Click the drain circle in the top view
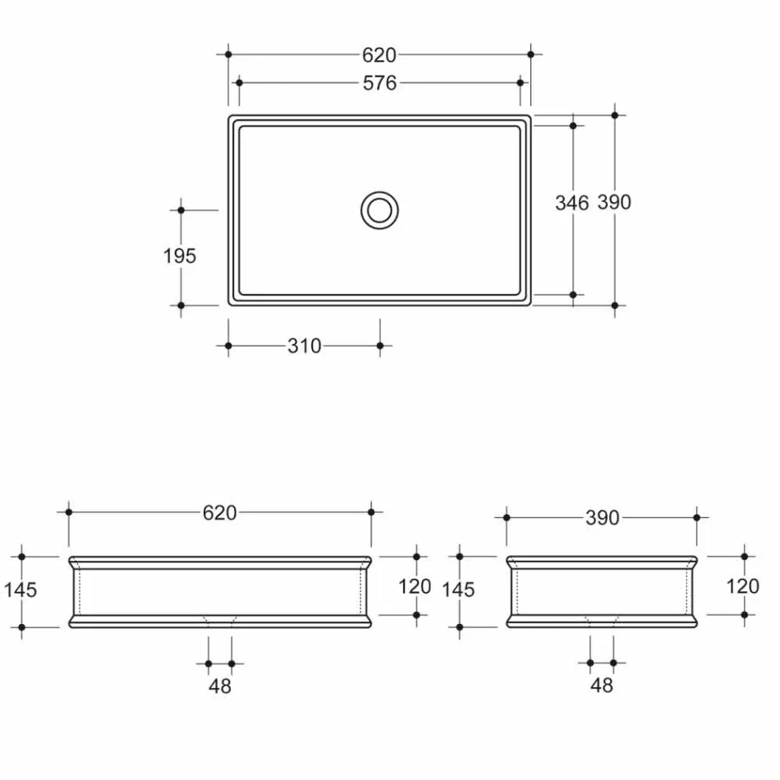379,209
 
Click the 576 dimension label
379,83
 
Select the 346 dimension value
571,202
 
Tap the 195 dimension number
180,256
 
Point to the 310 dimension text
304,346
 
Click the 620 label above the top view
379,55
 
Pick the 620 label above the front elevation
220,513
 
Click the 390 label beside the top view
614,202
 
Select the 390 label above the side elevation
602,518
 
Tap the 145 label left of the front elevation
21,590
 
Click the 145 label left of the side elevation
458,590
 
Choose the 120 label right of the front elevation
415,586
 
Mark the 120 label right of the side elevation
744,586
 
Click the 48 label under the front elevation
220,686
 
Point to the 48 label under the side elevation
602,686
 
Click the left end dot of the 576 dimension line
239,83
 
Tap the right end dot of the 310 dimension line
379,346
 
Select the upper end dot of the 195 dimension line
181,210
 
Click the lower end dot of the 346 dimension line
572,293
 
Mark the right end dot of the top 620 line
530,54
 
